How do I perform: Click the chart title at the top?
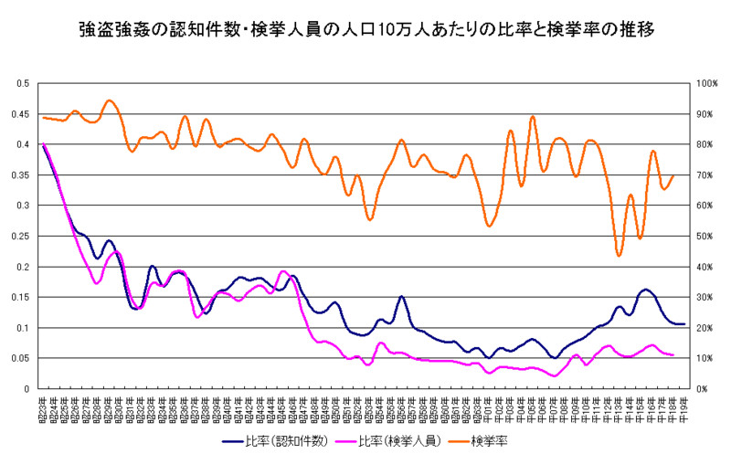(365, 30)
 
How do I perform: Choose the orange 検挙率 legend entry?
(489, 440)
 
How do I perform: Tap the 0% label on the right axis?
(704, 388)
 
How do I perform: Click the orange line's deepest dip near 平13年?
(619, 255)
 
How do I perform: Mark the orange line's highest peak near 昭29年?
(110, 100)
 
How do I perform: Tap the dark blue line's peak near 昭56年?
(401, 297)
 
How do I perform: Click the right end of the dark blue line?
(683, 324)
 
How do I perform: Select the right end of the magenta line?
(673, 354)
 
